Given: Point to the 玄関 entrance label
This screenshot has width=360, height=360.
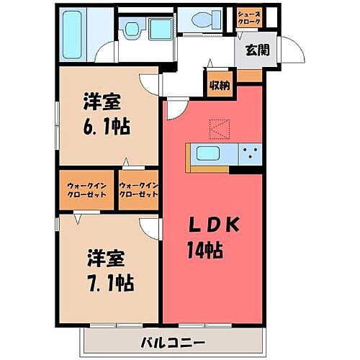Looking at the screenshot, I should (258, 50).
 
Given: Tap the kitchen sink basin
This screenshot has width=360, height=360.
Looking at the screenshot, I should (210, 154).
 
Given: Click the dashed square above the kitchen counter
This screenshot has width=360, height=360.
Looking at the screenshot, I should (218, 128).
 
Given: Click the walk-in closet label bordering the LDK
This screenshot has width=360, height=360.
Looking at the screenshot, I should (138, 190).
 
